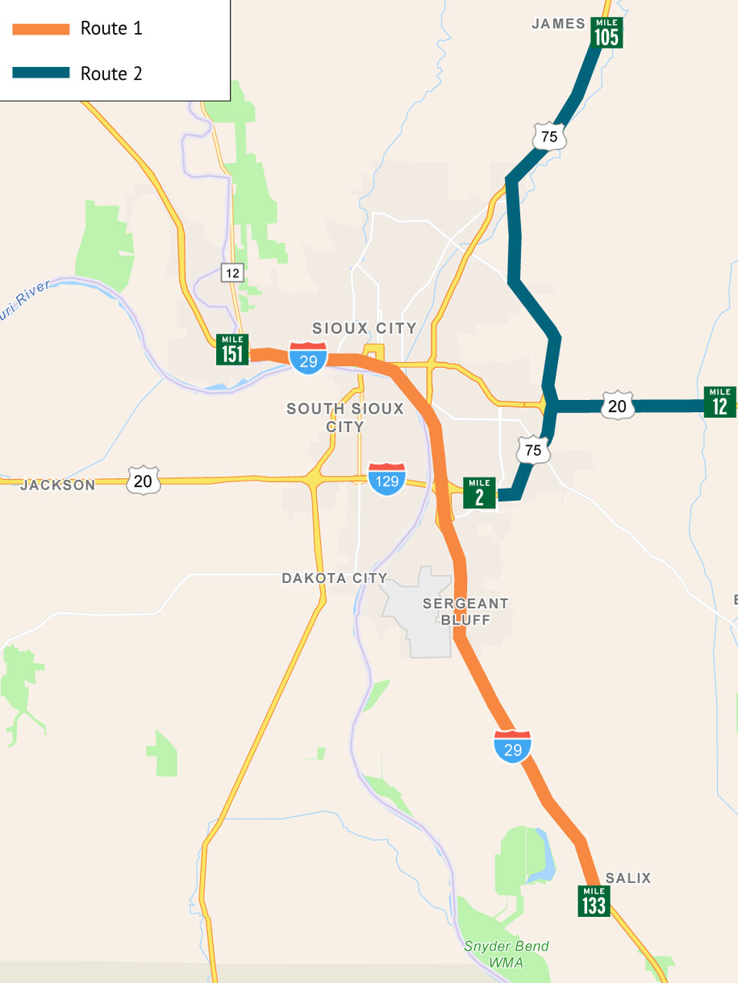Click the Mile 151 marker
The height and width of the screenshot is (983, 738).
pos(232,349)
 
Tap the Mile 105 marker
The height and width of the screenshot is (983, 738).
pos(606,32)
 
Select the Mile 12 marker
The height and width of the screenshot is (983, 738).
pos(719,402)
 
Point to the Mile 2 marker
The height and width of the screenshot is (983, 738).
pos(479,493)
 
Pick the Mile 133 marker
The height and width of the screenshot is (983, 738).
pos(594,901)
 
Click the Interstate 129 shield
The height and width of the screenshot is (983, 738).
pos(386,479)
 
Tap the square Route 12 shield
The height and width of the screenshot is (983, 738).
pos(232,273)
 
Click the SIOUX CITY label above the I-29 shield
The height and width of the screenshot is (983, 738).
pos(365,328)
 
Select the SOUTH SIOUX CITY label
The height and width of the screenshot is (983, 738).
pos(345,418)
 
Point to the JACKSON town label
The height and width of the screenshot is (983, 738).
pos(57,485)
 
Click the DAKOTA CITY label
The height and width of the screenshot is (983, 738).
pos(335,578)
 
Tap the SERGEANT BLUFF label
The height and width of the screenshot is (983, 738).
pos(465,611)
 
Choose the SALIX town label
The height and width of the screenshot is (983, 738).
pos(628,878)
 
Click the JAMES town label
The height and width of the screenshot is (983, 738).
pos(558,24)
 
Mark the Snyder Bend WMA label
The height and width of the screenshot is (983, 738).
pos(506,954)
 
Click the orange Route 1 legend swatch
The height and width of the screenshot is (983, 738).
pos(41,29)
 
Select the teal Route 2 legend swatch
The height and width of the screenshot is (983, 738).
pos(41,73)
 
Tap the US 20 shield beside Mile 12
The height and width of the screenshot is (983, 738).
pos(617,406)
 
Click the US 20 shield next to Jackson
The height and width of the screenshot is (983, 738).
pos(143,481)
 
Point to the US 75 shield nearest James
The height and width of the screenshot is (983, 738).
pos(549,136)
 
